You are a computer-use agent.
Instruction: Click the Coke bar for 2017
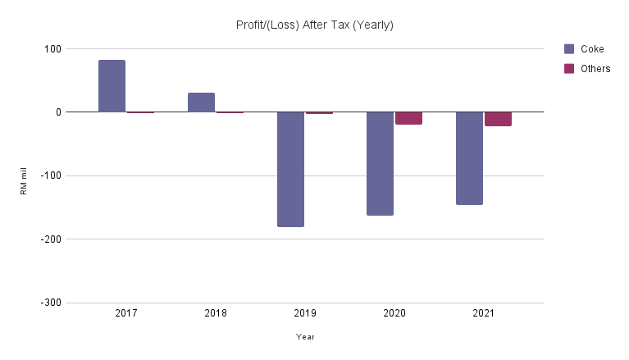click(112, 86)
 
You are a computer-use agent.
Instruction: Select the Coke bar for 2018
click(201, 103)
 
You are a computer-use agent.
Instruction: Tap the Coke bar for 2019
click(290, 169)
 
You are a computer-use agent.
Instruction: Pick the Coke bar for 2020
click(380, 163)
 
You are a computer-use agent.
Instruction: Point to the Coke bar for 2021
click(469, 158)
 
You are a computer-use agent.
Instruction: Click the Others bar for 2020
click(408, 118)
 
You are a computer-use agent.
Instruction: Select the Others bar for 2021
click(498, 119)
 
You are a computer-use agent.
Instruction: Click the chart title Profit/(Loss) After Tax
click(314, 25)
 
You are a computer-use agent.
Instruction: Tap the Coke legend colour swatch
click(569, 49)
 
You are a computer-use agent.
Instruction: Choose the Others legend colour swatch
click(569, 69)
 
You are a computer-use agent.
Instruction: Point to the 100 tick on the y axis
click(52, 49)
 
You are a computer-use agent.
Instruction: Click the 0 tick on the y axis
click(57, 112)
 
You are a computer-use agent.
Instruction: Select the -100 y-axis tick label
click(51, 175)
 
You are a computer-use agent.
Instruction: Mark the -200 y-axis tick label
click(51, 239)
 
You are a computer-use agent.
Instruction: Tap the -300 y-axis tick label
click(51, 303)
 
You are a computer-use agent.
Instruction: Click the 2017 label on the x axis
click(126, 314)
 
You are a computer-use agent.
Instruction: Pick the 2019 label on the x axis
click(305, 314)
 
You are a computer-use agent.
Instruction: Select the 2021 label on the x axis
click(484, 314)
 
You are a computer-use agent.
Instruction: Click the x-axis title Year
click(305, 337)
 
